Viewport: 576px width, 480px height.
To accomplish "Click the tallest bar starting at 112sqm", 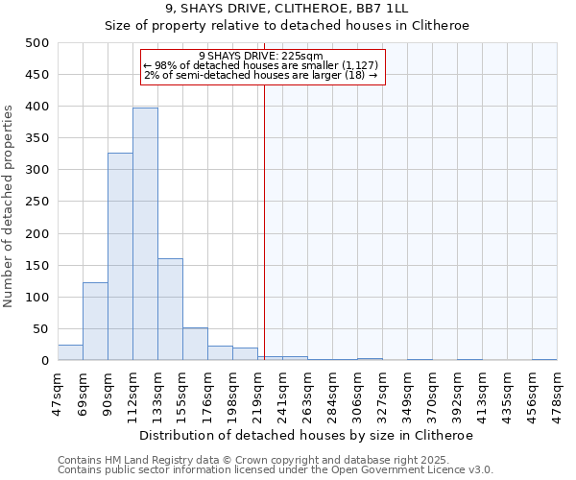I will [x=145, y=234].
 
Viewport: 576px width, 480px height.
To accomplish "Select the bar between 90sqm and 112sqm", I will [x=120, y=256].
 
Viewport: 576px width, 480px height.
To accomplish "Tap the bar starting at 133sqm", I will [x=170, y=309].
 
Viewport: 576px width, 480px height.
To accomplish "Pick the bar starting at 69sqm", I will [x=95, y=322].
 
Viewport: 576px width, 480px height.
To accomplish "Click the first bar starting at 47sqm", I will [x=70, y=352].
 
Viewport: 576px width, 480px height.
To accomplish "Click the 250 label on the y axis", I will [x=36, y=202].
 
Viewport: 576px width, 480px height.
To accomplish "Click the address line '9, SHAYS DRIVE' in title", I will [x=287, y=9].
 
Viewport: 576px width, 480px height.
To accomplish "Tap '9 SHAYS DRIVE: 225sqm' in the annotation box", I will [x=261, y=56].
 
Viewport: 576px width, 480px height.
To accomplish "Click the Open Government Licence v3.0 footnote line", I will [x=276, y=470].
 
